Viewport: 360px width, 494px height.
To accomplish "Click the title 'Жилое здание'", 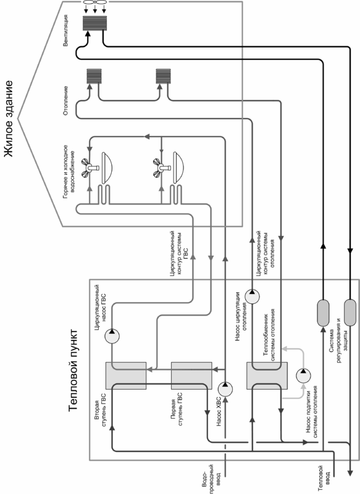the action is [9, 119].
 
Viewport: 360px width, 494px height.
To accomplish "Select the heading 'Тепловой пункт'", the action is [73, 370].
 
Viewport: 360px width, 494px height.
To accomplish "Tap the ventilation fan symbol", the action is [95, 3].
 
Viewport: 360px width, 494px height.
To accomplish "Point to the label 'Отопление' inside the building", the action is [65, 101].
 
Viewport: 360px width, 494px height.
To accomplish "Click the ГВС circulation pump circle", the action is [112, 336].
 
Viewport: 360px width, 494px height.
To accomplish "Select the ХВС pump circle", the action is [225, 389].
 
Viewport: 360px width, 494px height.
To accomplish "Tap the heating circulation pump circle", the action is [253, 296].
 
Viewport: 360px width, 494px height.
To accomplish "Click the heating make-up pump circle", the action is [303, 375].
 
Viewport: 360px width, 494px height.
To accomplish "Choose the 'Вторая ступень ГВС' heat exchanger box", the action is [126, 375].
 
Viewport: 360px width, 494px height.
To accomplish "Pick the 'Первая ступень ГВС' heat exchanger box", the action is [191, 375].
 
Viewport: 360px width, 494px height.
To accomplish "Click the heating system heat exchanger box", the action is [267, 375].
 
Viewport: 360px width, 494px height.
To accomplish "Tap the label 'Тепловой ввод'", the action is [324, 478].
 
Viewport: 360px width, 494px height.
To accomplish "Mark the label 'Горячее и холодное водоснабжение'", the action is [69, 172].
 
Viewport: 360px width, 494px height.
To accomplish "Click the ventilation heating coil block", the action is [95, 23].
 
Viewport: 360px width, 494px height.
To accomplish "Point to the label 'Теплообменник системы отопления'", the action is [269, 335].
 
